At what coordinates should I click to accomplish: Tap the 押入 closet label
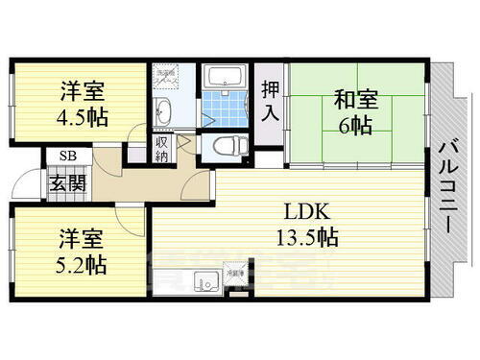[271, 101]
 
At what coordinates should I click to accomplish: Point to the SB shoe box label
[67, 156]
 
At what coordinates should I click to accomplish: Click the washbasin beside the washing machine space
[163, 111]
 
